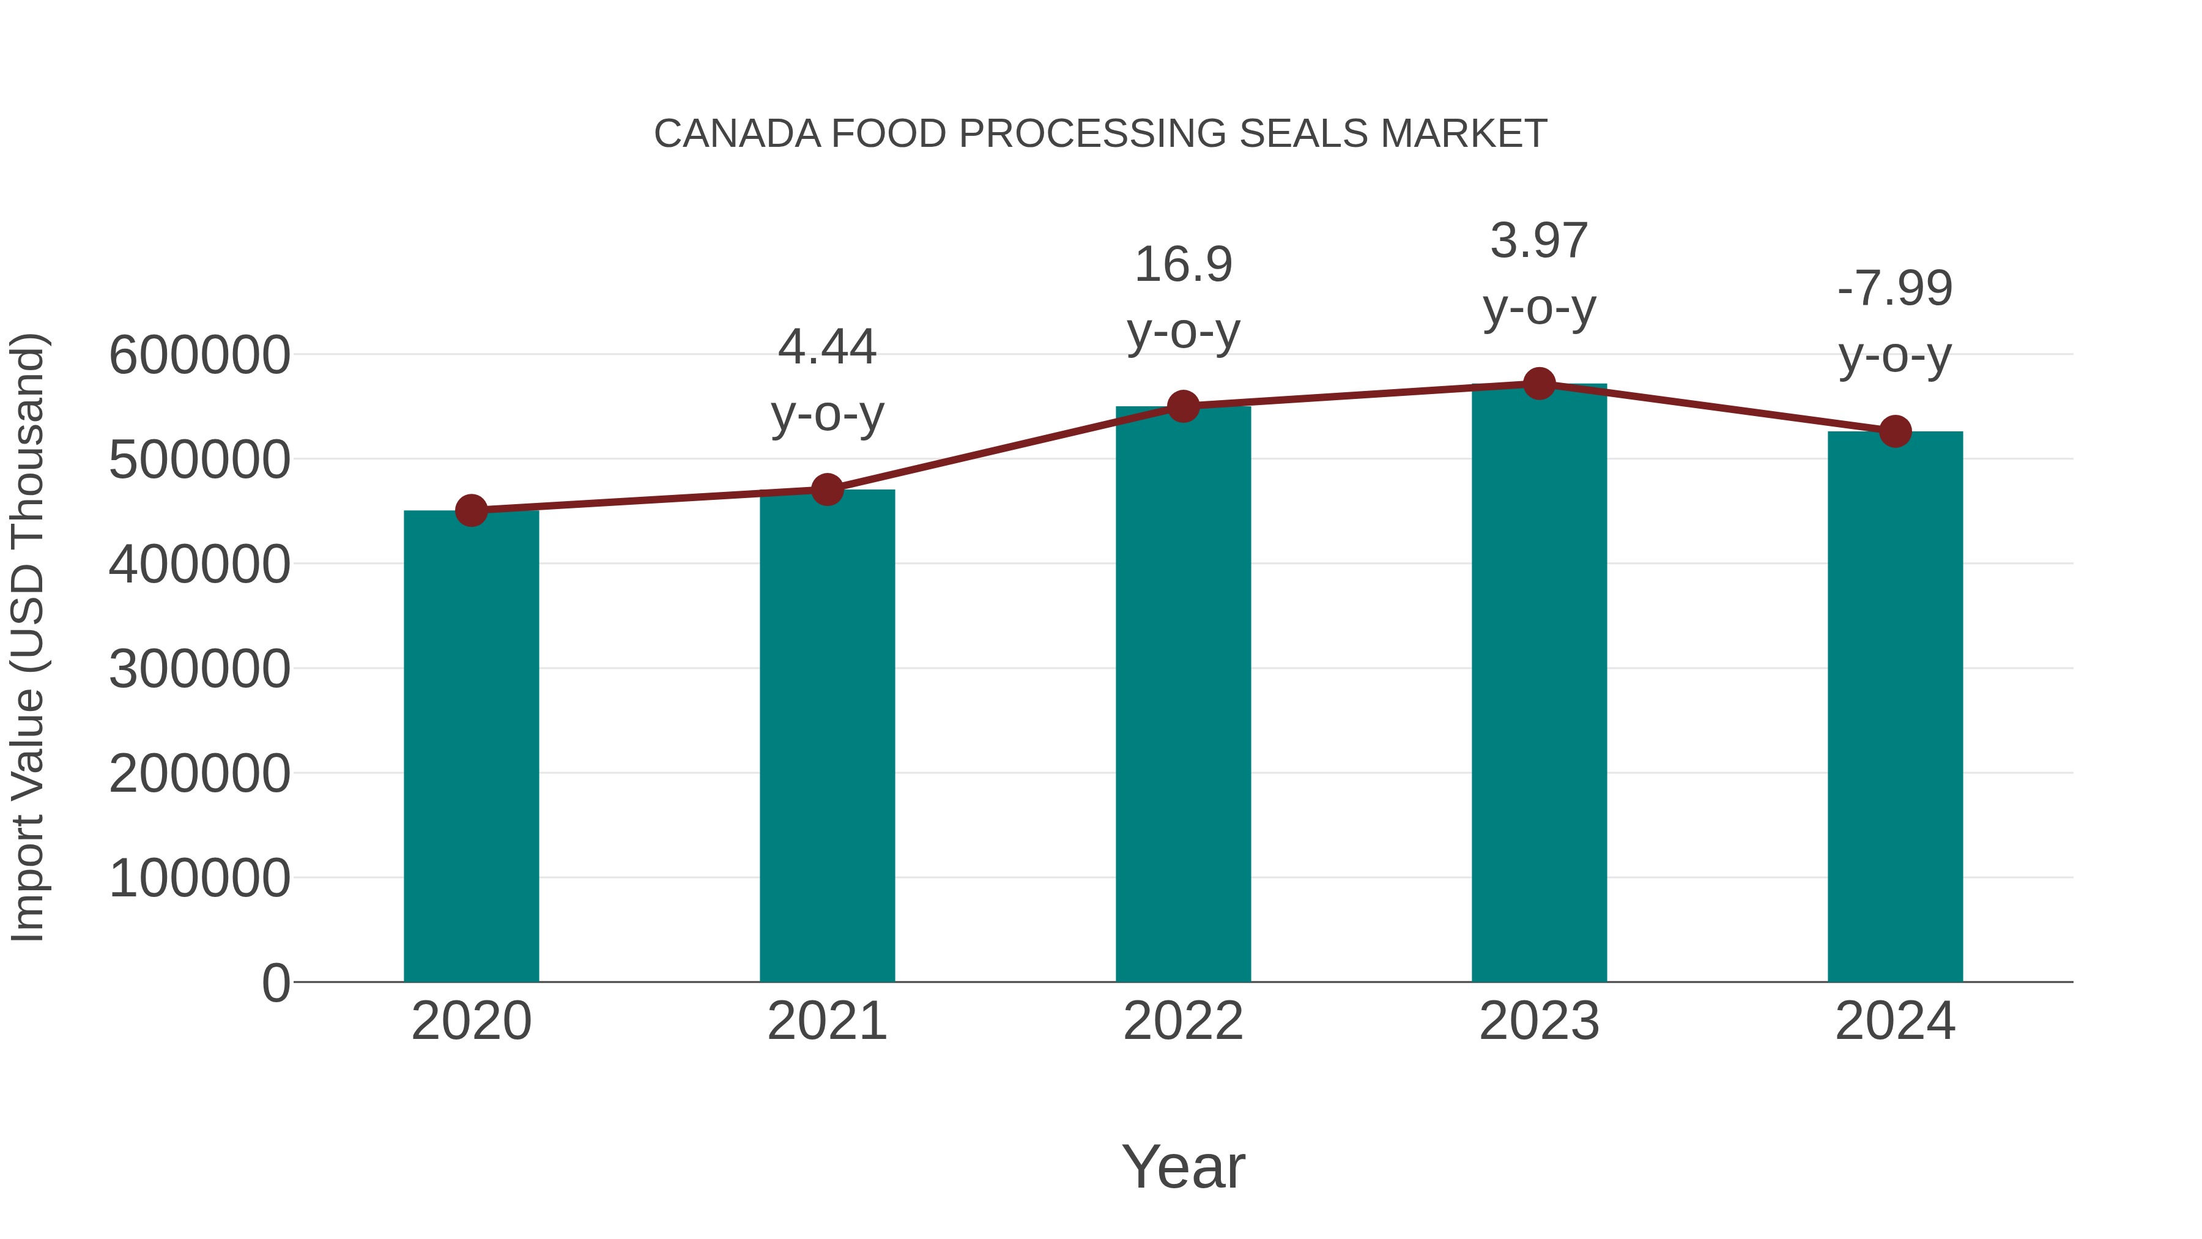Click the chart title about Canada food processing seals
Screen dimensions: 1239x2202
coord(1100,134)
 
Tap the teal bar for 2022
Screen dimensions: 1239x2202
coord(1183,693)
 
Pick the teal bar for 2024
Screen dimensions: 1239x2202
coord(1895,706)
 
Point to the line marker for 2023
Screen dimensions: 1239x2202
coord(1540,384)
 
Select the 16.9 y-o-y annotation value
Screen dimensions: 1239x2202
coord(1183,264)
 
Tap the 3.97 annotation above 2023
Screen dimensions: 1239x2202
coord(1540,240)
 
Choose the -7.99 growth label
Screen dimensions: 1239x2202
coord(1895,288)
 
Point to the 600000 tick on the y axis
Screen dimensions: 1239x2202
coord(199,355)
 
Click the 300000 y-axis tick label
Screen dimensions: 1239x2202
coord(199,669)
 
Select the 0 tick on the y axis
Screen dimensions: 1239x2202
coord(276,983)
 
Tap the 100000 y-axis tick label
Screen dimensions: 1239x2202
coord(199,878)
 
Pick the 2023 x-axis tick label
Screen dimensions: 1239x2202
coord(1540,1021)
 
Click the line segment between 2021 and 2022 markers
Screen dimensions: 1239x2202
coord(1005,447)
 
